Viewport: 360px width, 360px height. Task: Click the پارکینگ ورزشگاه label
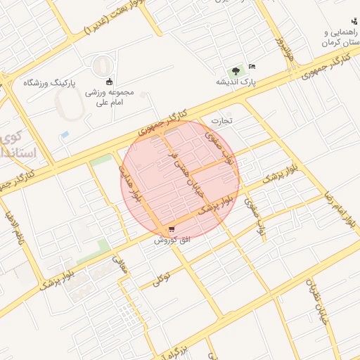[x=49, y=82]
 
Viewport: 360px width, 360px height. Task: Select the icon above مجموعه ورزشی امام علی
[x=109, y=81]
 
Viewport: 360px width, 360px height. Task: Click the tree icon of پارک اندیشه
[x=236, y=70]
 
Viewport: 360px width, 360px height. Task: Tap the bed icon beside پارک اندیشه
[x=252, y=67]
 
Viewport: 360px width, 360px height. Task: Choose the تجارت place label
[x=231, y=120]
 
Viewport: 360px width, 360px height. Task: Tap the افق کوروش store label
[x=172, y=240]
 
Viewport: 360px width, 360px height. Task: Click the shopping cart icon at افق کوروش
[x=172, y=229]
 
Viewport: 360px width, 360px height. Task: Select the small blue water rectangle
[x=65, y=134]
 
